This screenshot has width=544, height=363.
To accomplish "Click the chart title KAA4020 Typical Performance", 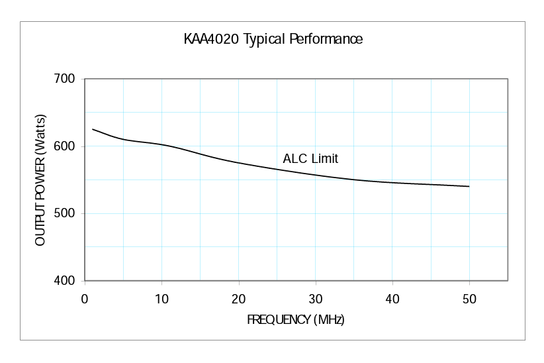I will pos(273,39).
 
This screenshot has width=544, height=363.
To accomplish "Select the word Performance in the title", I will pos(326,39).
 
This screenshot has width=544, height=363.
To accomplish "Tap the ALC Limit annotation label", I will pos(310,159).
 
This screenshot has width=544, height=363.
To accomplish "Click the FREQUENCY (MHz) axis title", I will pos(296,320).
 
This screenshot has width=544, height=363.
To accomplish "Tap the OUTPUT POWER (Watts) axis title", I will pos(40,180).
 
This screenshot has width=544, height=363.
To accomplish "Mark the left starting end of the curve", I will pos(93,129).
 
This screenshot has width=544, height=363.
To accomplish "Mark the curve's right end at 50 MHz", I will pos(469,186).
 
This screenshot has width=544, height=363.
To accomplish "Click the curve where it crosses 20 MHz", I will pos(238,163).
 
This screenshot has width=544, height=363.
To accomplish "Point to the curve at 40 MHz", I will pos(392,182).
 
